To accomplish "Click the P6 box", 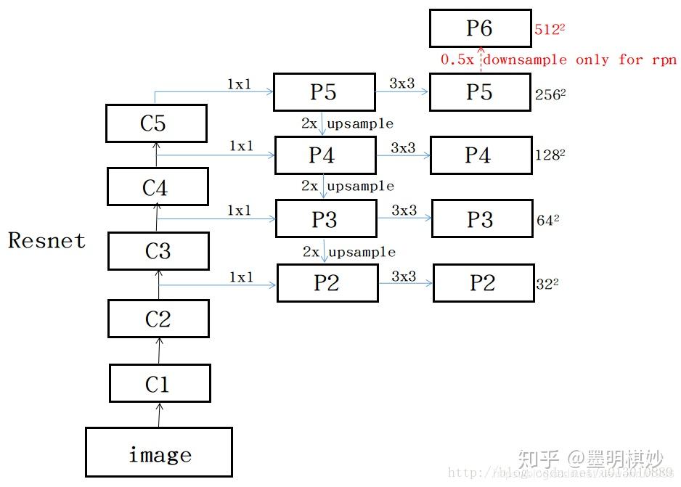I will [480, 28].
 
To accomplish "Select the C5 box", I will [156, 123].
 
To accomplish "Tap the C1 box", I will [160, 383].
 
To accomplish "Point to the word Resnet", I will [47, 241].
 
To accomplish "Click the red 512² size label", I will [549, 30].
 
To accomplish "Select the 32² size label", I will [547, 285].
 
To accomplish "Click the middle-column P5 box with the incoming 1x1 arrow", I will [325, 92].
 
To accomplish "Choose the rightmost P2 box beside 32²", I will [484, 283].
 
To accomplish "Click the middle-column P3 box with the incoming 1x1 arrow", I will [326, 219].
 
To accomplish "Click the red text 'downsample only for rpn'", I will [579, 60].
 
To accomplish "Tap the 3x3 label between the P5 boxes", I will [402, 83].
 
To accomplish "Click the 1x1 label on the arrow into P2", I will [242, 277].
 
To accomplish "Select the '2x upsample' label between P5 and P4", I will [348, 123].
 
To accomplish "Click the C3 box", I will [158, 251].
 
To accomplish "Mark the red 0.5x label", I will [457, 60].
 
